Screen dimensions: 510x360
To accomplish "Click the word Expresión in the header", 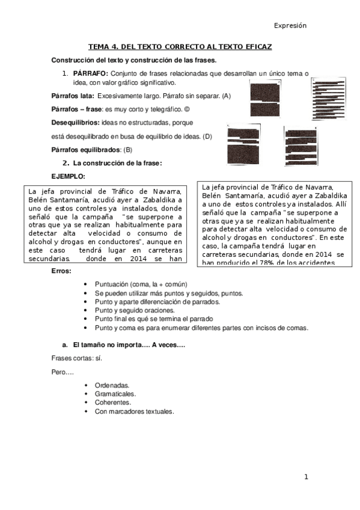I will coord(290,26).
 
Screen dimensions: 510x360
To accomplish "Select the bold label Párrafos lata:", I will coord(72,96).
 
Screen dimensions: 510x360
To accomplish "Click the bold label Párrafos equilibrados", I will coord(86,149).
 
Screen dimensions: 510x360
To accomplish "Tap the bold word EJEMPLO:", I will coord(69,176).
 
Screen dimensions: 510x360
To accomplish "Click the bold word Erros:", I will coord(62,272).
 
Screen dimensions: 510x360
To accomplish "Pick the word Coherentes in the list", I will coord(112,402).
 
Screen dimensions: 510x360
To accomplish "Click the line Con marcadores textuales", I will coord(135,412).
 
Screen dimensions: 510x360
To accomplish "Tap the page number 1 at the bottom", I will coord(306,477).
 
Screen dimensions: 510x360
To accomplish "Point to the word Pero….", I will coord(63,372).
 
